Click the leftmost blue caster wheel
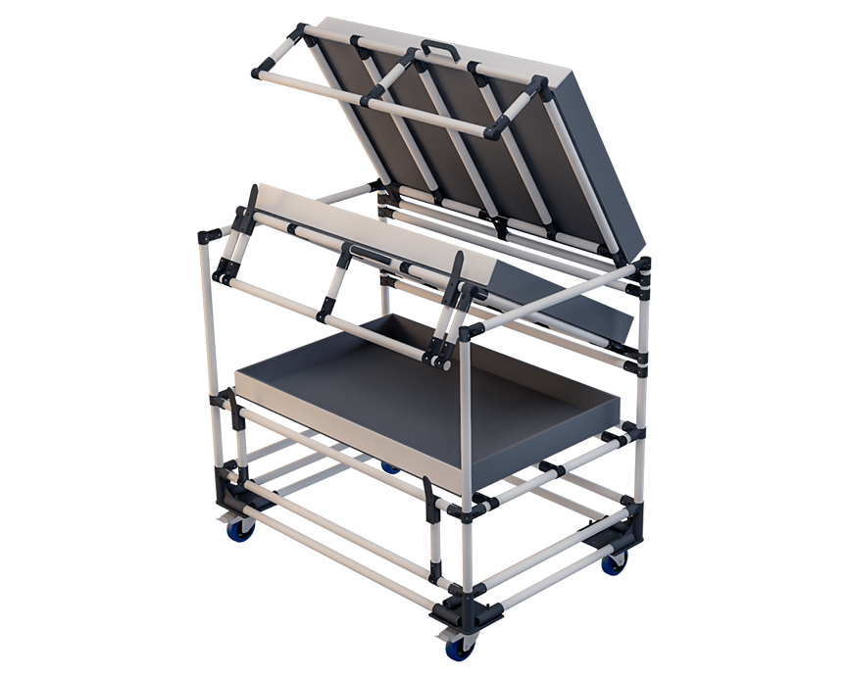pos(239,529)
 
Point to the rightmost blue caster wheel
pos(614,562)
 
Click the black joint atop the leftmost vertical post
pos(209,237)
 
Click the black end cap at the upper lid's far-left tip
pos(262,71)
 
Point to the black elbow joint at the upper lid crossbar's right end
pos(496,128)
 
